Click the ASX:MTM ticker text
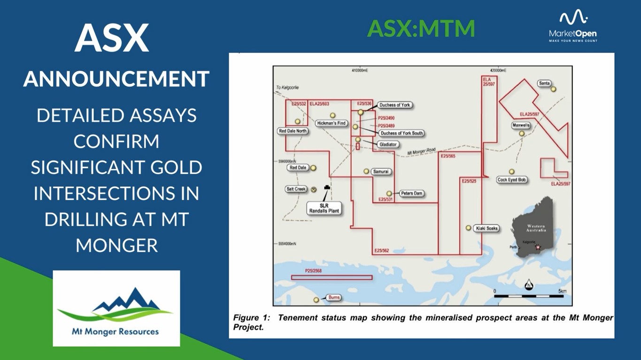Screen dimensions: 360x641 click(421, 29)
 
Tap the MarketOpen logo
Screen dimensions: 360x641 click(572, 27)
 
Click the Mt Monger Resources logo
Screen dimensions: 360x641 click(116, 308)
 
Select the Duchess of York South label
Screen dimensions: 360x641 click(402, 133)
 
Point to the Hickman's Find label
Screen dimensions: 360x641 click(331, 123)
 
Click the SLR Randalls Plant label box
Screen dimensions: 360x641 click(324, 208)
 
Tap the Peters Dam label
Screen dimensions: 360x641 click(411, 193)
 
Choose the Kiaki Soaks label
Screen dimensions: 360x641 click(486, 228)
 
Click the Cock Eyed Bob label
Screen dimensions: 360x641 click(512, 180)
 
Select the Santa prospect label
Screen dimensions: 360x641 click(544, 84)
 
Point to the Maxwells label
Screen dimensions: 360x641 click(521, 126)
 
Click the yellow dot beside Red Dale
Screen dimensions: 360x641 click(313, 168)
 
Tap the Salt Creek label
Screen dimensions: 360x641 click(296, 189)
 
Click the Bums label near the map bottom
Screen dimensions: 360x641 click(333, 298)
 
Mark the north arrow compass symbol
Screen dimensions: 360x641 click(529, 284)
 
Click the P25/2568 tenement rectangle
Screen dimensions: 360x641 click(332, 277)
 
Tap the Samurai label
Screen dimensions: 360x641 click(380, 172)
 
